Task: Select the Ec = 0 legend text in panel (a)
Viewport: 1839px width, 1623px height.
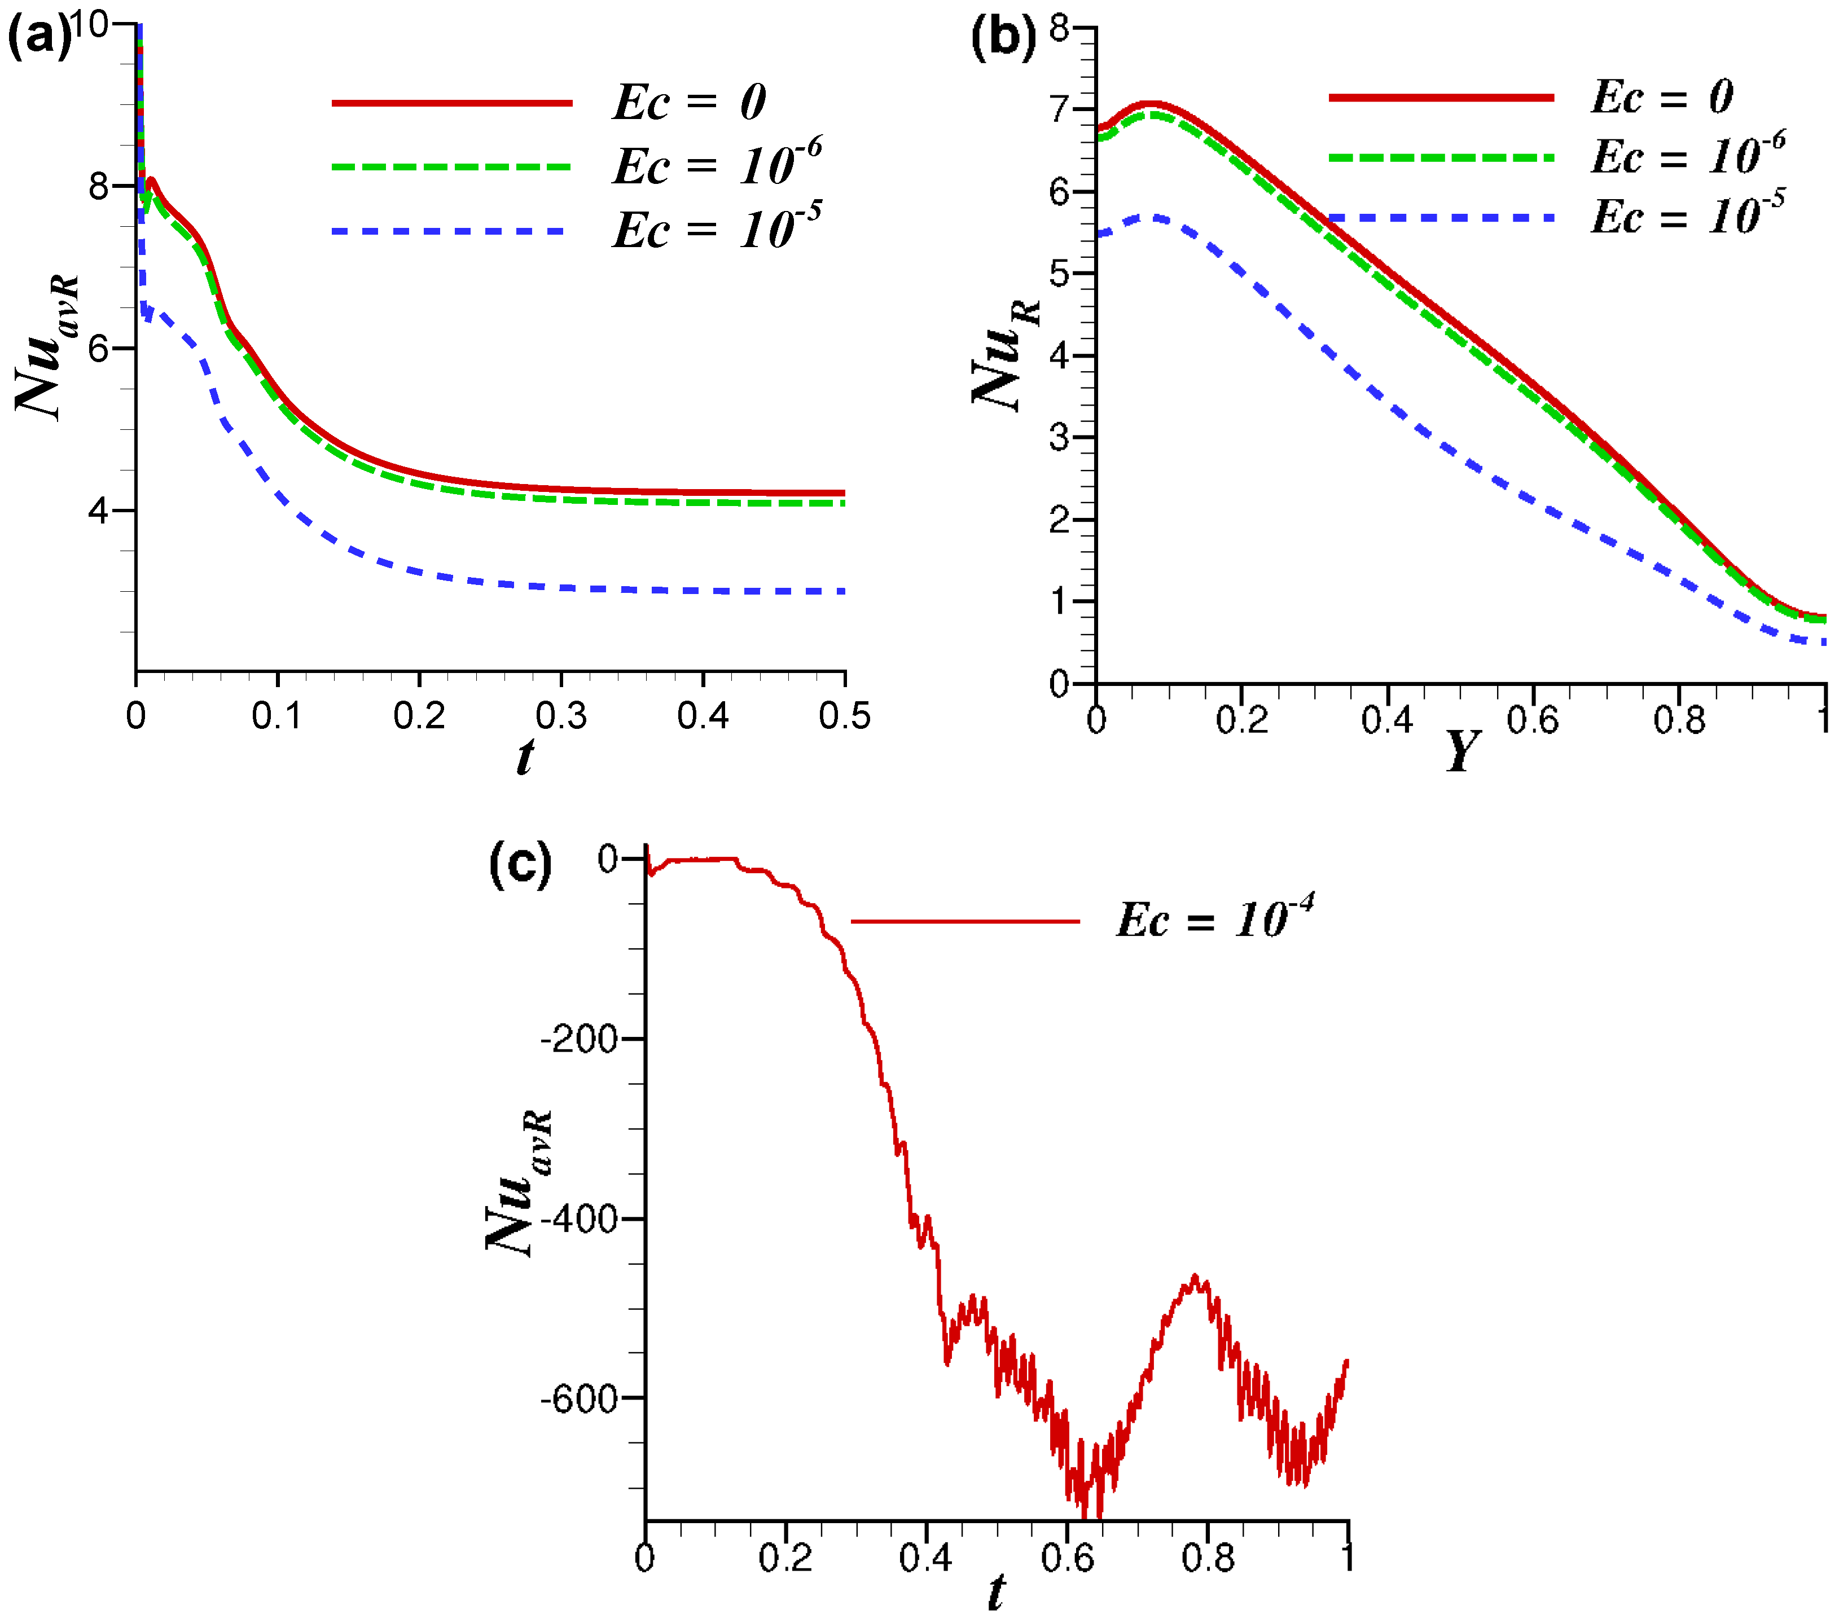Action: (689, 102)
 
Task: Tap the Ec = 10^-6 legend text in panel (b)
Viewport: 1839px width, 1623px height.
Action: (1687, 156)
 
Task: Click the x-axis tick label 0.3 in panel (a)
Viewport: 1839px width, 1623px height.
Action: (560, 715)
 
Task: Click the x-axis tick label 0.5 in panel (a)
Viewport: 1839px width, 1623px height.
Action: (844, 715)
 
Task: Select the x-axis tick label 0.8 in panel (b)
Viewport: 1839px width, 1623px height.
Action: (1678, 720)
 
